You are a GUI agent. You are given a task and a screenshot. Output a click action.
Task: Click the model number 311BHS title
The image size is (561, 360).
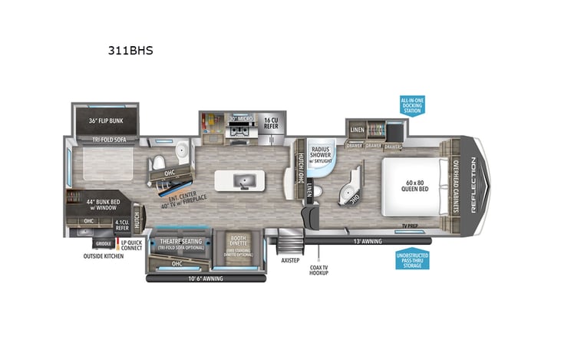click(x=132, y=51)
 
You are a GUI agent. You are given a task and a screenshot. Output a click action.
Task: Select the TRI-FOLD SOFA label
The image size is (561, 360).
click(x=108, y=140)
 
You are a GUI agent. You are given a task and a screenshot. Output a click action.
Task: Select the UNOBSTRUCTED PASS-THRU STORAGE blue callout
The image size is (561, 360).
click(x=412, y=259)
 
